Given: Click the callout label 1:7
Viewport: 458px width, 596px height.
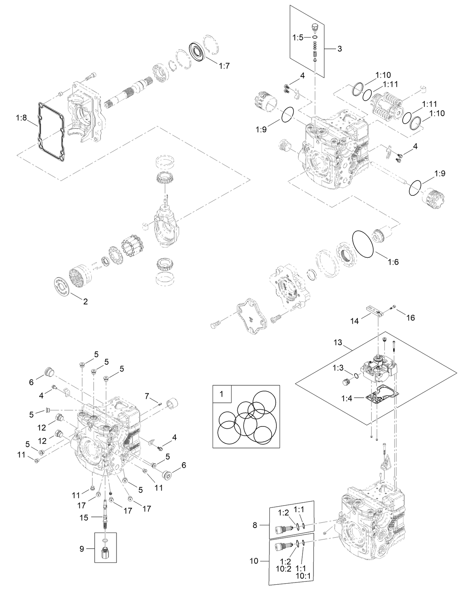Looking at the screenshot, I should [224, 66].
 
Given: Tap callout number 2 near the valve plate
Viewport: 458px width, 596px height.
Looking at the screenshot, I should [86, 301].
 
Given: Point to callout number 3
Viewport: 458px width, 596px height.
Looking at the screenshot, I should [339, 49].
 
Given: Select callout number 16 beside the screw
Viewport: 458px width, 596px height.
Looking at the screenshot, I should [410, 318].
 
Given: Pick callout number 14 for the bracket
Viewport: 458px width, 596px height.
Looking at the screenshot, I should [355, 321].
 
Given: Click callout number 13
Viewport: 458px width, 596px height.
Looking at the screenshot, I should [338, 342].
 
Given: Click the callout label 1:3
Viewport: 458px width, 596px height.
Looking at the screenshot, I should [337, 368].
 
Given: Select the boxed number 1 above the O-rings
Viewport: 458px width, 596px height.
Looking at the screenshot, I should [222, 394].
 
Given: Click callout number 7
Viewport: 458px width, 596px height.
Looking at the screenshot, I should [147, 396].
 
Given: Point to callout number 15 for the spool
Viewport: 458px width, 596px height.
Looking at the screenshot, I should [84, 517].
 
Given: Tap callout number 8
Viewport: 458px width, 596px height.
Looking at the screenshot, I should [255, 525].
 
